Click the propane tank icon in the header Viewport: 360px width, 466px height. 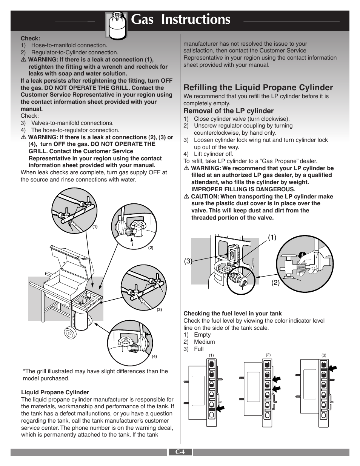[x=116, y=24]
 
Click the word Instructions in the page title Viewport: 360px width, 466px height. [x=195, y=19]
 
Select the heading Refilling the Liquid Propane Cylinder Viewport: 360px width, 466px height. [x=258, y=88]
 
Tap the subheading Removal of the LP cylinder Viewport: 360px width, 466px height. [x=228, y=111]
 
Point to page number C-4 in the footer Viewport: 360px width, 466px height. [x=180, y=452]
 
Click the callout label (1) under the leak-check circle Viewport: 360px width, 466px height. [x=95, y=227]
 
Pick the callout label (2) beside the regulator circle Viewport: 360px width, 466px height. [x=151, y=248]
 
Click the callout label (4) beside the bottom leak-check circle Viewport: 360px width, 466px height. [x=154, y=356]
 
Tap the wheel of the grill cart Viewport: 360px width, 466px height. [x=70, y=333]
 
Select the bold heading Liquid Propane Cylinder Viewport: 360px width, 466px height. [x=55, y=392]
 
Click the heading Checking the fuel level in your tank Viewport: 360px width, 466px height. [x=232, y=314]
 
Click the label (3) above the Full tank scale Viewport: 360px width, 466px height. [x=324, y=355]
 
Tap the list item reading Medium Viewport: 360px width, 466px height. [x=204, y=342]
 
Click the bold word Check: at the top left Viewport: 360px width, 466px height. [x=30, y=38]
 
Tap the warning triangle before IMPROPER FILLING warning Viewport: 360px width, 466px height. [x=186, y=168]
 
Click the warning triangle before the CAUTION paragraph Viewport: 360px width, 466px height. [x=186, y=197]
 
